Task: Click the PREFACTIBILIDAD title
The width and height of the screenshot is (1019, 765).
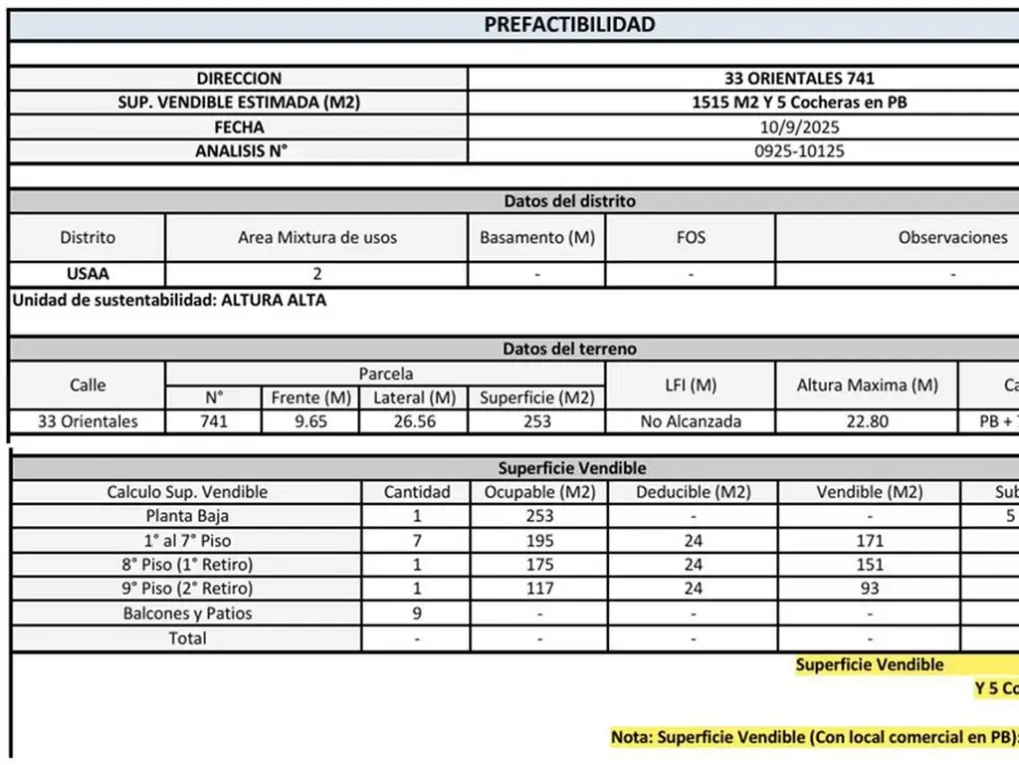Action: (569, 25)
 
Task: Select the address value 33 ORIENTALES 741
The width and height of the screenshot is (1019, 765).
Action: (785, 78)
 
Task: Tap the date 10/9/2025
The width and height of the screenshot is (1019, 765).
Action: (785, 127)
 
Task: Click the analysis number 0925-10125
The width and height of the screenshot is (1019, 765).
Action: (785, 151)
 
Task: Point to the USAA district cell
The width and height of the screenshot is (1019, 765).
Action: (87, 274)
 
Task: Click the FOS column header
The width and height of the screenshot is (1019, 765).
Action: (690, 237)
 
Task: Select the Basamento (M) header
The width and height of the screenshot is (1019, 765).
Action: (536, 237)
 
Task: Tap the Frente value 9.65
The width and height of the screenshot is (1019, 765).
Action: (310, 421)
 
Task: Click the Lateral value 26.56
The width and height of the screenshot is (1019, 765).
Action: (414, 421)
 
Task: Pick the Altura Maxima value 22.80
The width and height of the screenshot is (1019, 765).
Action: (867, 421)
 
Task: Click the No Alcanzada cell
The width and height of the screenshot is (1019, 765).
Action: (691, 421)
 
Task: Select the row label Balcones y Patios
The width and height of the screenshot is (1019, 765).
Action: (187, 614)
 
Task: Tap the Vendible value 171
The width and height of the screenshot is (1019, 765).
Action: (870, 541)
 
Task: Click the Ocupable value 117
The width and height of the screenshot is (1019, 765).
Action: (538, 589)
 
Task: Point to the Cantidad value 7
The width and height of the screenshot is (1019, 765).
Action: (417, 541)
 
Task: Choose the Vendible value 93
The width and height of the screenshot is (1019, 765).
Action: (870, 589)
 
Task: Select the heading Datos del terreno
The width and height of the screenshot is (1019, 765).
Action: (569, 349)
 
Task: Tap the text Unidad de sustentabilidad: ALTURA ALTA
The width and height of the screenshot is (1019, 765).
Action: (169, 299)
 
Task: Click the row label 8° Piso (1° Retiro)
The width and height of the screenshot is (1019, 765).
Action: (187, 565)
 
